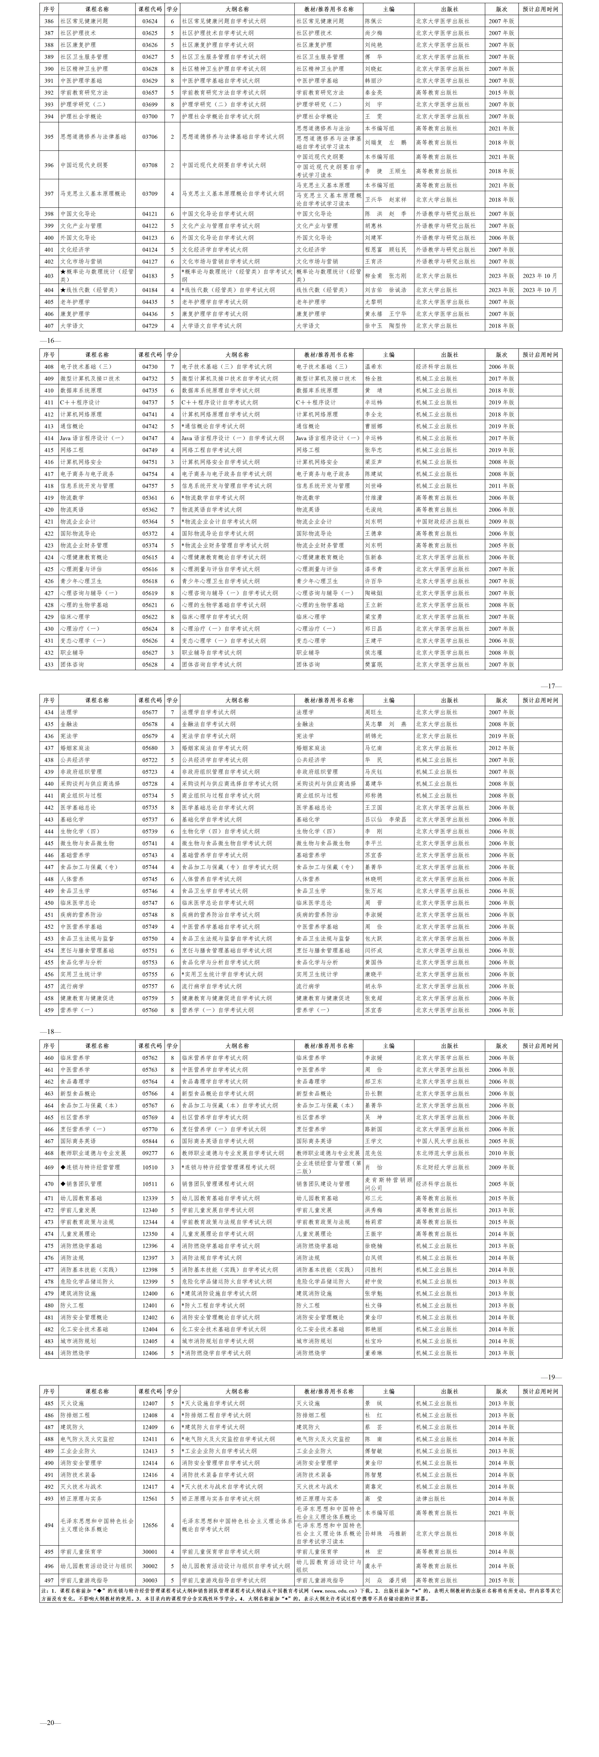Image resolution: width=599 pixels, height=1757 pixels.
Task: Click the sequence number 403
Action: click(x=48, y=276)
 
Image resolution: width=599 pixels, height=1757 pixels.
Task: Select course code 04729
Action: click(x=149, y=326)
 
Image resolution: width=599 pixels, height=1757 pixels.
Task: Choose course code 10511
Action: click(x=149, y=1184)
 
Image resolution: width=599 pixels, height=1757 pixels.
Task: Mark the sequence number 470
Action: click(x=48, y=1184)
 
